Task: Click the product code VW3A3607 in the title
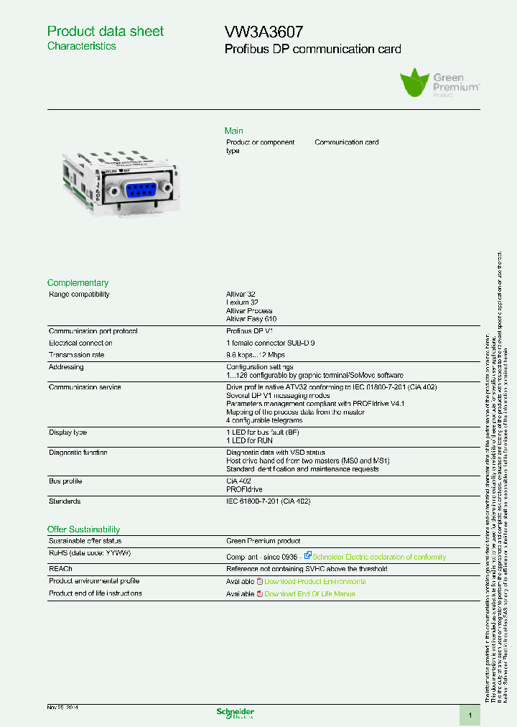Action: [x=264, y=32]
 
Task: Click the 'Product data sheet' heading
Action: [x=105, y=32]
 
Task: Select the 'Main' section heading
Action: [x=234, y=131]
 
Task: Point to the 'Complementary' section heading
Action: [x=78, y=283]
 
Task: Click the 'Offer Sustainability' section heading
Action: [x=83, y=529]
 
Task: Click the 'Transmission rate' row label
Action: [x=76, y=355]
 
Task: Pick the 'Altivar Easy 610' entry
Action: [x=251, y=319]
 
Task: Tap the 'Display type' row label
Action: [x=67, y=432]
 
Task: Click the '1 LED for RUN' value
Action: [x=249, y=440]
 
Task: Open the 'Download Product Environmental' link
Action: [x=315, y=582]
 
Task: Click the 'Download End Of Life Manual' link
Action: [x=309, y=594]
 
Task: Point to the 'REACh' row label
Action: [x=60, y=569]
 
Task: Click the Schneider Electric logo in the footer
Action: [x=236, y=713]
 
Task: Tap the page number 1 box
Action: [x=470, y=716]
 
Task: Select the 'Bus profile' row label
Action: [x=65, y=481]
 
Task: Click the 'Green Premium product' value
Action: [x=263, y=542]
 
